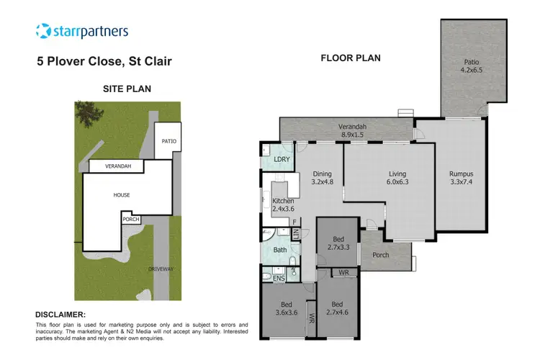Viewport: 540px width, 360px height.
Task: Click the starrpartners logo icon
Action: [44, 31]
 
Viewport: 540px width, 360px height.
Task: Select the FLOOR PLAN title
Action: [350, 58]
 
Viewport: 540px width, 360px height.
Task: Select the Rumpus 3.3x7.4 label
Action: [461, 178]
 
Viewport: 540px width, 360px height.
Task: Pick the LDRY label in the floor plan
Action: [282, 159]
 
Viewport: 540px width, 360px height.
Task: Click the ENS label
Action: [279, 277]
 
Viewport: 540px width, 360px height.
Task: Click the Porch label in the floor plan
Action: [381, 256]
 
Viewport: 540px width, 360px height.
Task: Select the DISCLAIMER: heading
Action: [60, 315]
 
